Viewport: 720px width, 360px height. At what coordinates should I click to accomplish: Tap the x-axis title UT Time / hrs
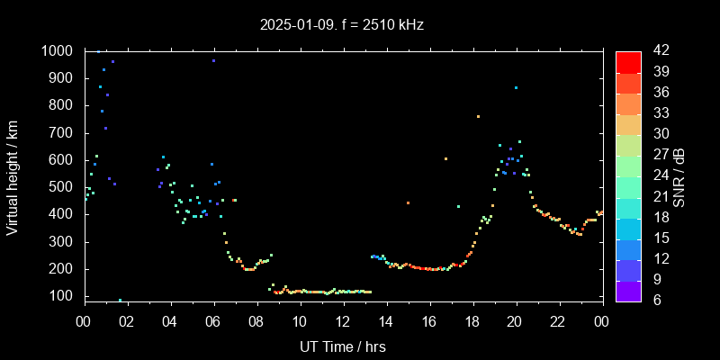click(x=343, y=346)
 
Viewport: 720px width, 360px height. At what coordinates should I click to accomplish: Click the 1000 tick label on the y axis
click(x=58, y=51)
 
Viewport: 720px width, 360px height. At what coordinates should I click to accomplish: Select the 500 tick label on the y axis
click(x=63, y=187)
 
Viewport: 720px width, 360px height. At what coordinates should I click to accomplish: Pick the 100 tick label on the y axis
click(x=63, y=296)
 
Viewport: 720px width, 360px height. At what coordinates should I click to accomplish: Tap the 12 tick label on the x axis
click(x=343, y=321)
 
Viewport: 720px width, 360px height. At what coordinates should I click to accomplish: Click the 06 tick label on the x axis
click(x=213, y=321)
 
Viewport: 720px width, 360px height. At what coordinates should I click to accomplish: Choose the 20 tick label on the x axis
click(x=515, y=321)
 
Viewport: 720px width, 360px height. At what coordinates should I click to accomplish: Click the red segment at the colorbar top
click(x=628, y=61)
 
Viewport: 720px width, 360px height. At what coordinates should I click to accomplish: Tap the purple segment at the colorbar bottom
click(x=628, y=291)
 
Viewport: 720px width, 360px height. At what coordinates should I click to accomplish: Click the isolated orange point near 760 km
click(x=478, y=116)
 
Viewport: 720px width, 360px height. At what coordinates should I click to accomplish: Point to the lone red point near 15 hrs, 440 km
click(x=408, y=203)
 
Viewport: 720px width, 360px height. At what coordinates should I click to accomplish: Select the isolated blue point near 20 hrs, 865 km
click(x=516, y=88)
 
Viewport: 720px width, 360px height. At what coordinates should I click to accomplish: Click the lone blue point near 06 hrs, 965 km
click(x=213, y=61)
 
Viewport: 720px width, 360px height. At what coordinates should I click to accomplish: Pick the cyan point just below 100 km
click(x=120, y=300)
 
